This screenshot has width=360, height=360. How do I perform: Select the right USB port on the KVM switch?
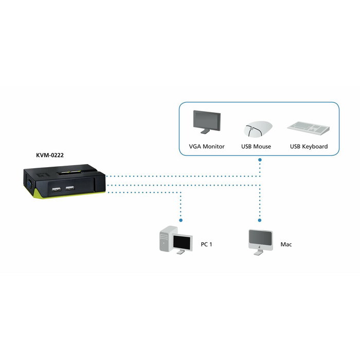[69, 187]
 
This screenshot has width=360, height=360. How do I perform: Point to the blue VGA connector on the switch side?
[29, 183]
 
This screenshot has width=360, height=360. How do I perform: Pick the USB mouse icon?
[256, 129]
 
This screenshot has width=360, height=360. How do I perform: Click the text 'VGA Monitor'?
[207, 147]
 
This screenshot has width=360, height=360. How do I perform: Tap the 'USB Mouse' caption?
[256, 147]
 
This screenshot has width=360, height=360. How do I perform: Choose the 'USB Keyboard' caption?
[309, 147]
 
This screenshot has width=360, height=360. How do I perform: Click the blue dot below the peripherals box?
[261, 160]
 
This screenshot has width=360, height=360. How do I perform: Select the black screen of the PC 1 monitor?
[182, 241]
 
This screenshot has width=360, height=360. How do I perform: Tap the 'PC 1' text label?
[206, 244]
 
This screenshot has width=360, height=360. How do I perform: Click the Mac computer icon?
[261, 240]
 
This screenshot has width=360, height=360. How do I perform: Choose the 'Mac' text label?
[286, 244]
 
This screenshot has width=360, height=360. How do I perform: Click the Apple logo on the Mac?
[261, 245]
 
